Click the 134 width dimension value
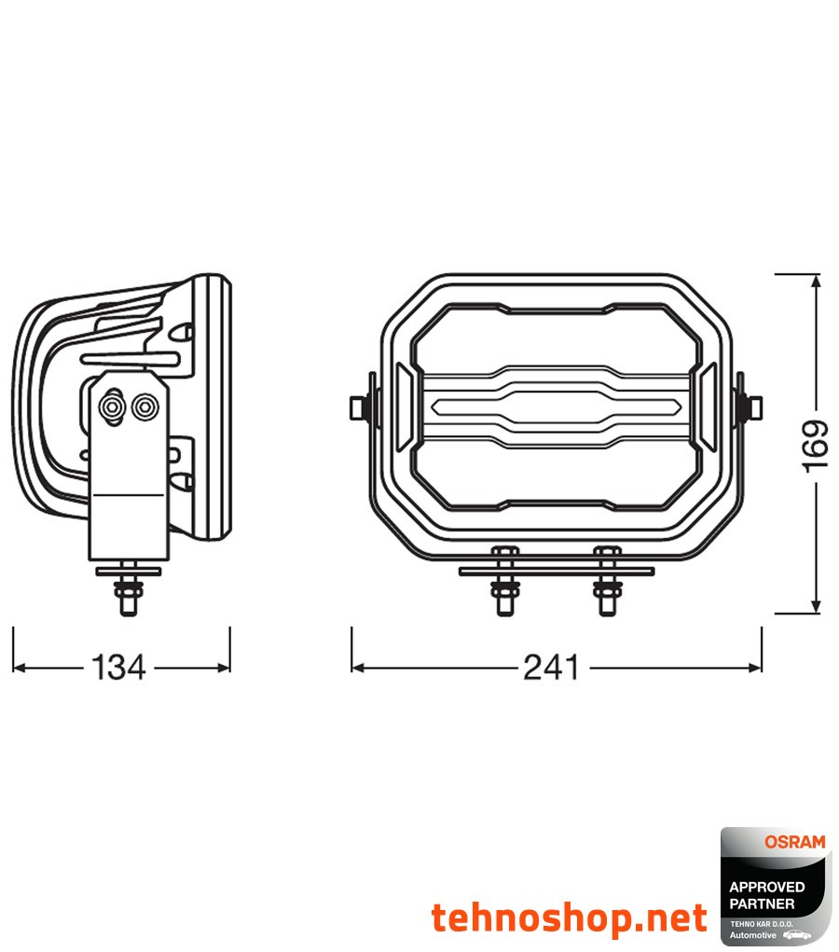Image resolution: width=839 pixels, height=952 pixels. [119, 668]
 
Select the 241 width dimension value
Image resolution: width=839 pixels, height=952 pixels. [550, 668]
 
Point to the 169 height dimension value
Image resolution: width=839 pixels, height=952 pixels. [815, 444]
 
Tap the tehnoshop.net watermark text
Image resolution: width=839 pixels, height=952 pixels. [569, 918]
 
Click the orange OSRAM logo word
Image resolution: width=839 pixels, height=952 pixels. [794, 842]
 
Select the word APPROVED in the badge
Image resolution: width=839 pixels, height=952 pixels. [766, 888]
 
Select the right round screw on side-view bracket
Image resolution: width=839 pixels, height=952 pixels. [144, 407]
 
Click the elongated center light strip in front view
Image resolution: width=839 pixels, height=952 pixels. [556, 406]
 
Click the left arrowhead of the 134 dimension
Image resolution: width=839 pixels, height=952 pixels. [20, 668]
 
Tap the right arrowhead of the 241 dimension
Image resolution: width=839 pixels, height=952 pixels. [754, 668]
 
